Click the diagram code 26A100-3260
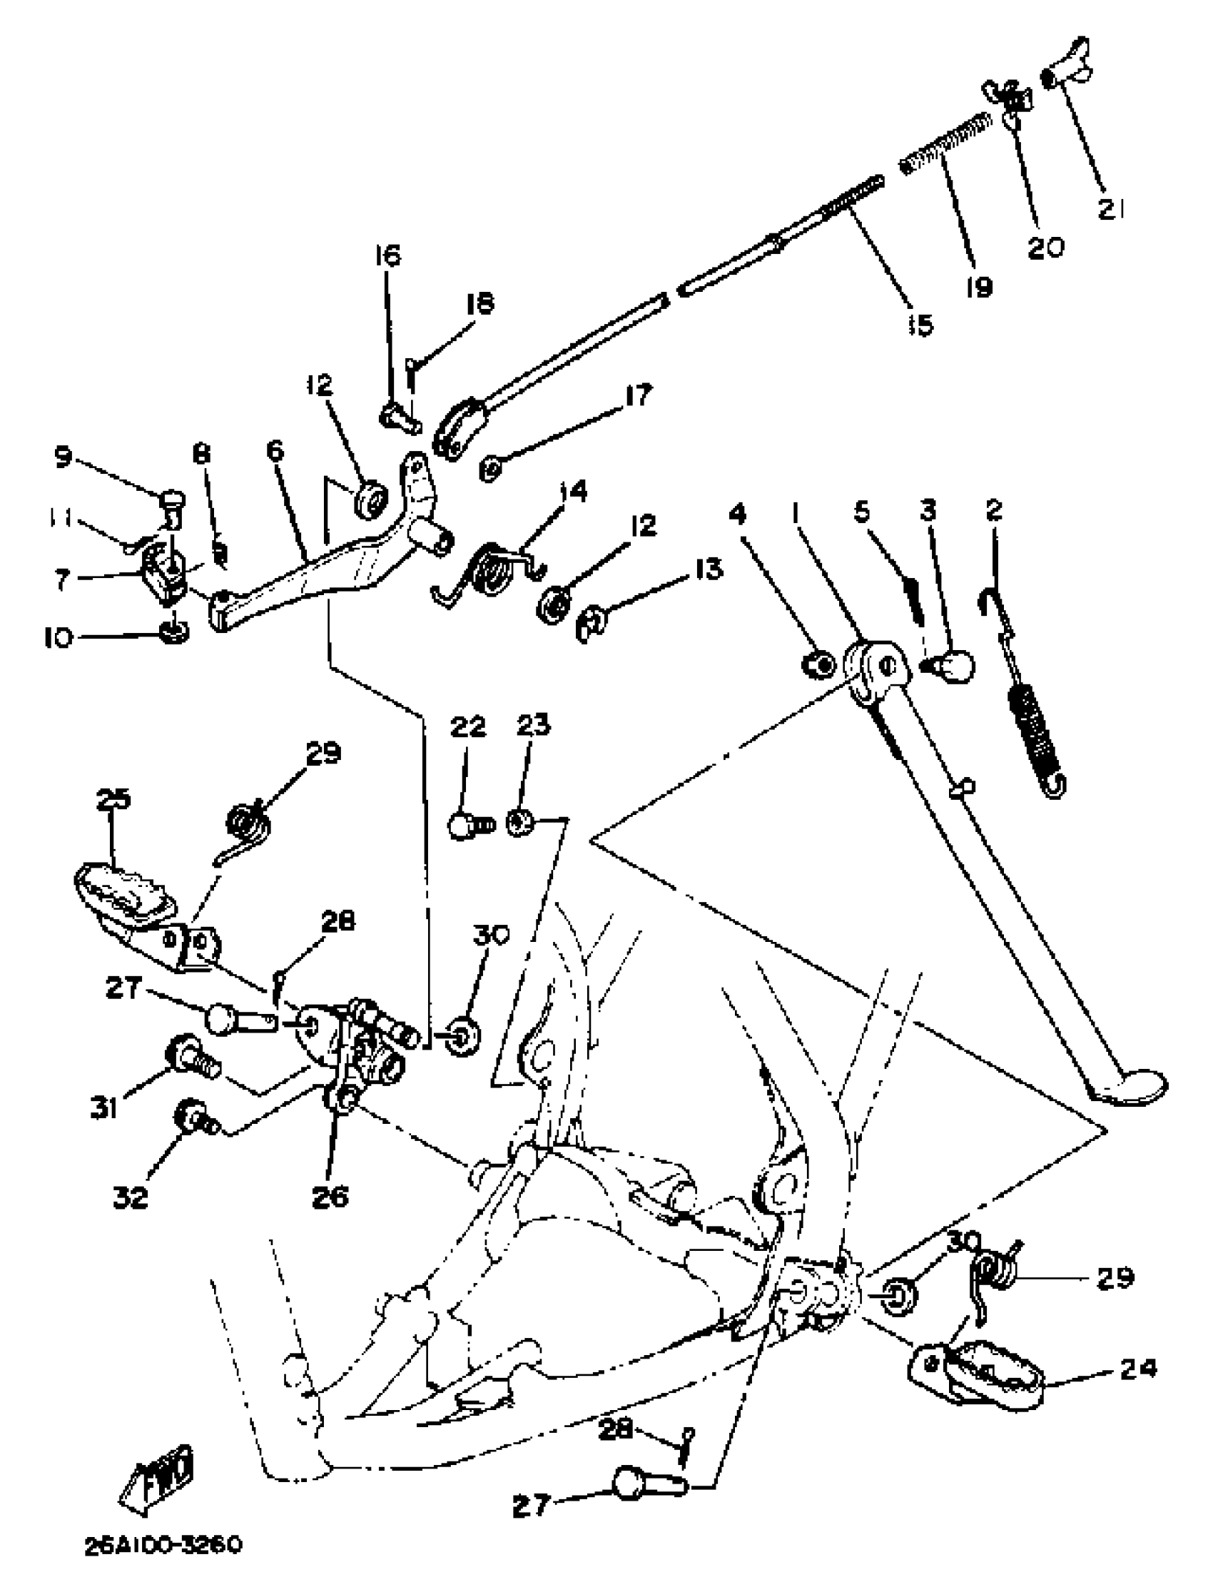coord(163,1546)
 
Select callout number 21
coord(1110,210)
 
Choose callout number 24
coord(1137,1368)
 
